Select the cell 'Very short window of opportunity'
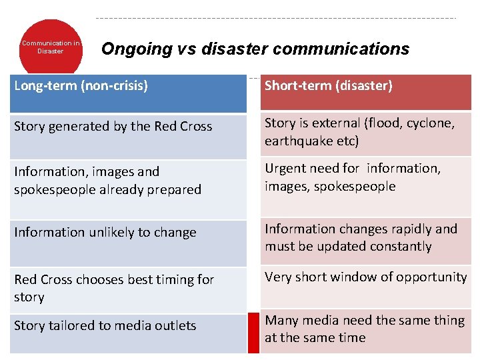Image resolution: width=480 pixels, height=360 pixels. (x=365, y=277)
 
